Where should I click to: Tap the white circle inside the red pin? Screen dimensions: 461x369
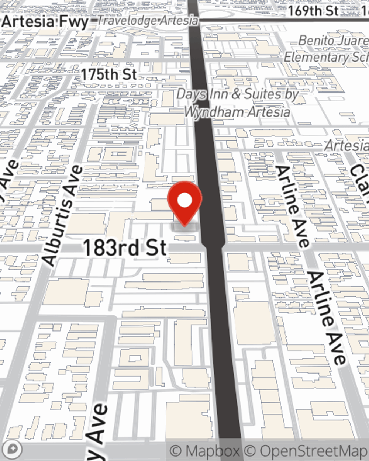184,201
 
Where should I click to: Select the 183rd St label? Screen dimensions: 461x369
125,248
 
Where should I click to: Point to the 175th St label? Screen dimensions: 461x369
108,74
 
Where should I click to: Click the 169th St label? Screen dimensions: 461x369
313,11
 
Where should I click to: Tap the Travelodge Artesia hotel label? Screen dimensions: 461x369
148,21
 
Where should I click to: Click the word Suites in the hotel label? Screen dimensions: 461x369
262,94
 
